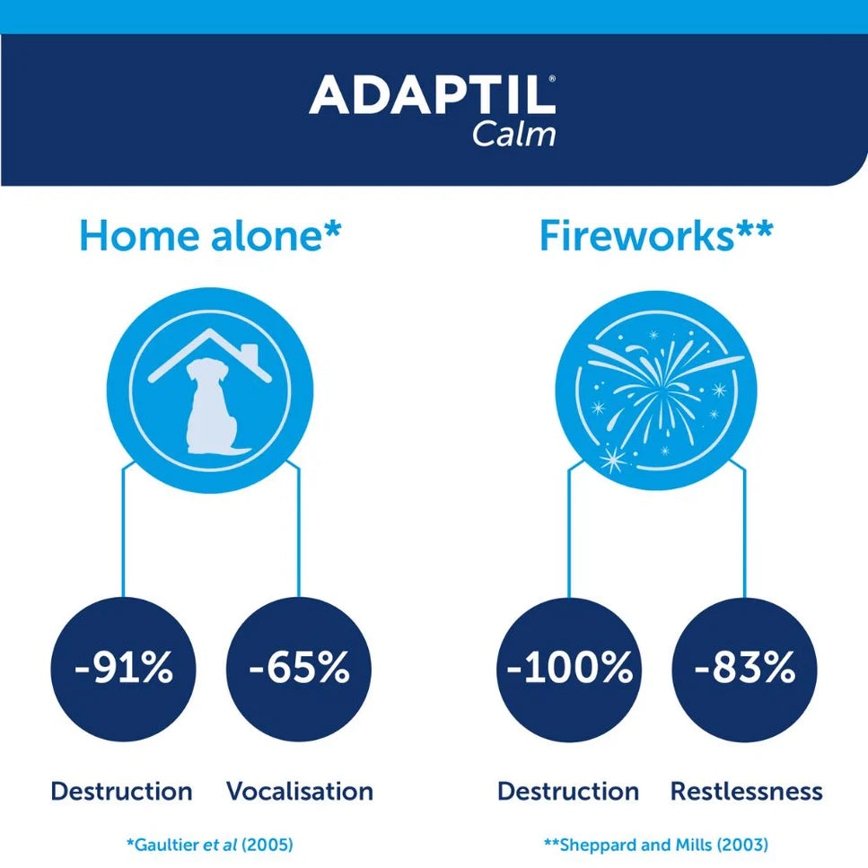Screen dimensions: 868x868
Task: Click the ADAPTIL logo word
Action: [x=431, y=95]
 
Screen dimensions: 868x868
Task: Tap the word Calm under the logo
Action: [x=514, y=134]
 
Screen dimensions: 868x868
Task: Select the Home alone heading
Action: [x=210, y=235]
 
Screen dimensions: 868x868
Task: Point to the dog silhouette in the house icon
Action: [x=210, y=406]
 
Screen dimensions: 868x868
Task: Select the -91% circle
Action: [x=123, y=669]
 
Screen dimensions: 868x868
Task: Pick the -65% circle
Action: [x=298, y=669]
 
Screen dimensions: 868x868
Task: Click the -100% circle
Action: [x=568, y=669]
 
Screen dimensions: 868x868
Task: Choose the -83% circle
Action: [x=745, y=669]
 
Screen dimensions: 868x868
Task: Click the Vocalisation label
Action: [x=299, y=792]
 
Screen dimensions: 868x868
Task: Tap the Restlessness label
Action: [x=746, y=792]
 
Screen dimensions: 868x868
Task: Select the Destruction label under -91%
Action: [x=121, y=792]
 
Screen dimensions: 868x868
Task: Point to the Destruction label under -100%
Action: [x=568, y=792]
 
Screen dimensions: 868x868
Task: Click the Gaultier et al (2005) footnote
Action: [x=210, y=845]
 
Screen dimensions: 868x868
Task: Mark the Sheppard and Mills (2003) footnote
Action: [x=656, y=845]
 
